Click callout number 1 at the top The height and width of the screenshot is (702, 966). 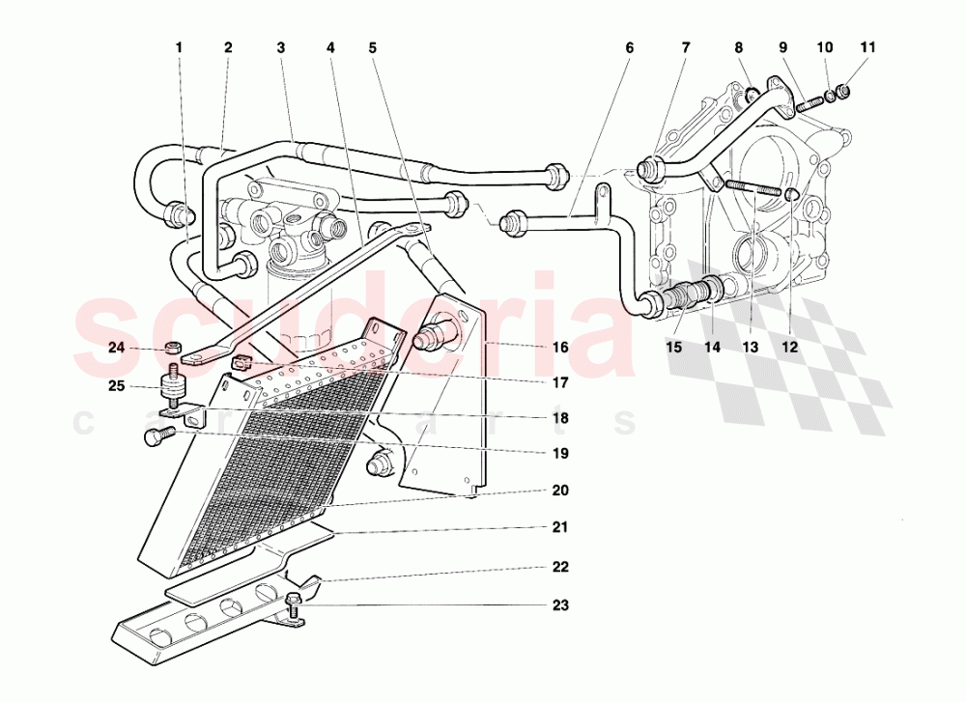[x=179, y=46]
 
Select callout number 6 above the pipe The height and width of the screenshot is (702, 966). [x=630, y=46]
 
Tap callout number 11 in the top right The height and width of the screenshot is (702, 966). [x=867, y=46]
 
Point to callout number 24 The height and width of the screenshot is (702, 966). [x=117, y=348]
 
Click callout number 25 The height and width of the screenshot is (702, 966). [x=117, y=387]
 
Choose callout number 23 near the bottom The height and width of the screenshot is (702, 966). [x=560, y=605]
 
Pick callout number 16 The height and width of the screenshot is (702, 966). [x=560, y=347]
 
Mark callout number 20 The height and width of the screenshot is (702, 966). [x=560, y=490]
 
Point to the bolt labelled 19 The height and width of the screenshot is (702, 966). [x=155, y=436]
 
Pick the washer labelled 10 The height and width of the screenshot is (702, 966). [x=829, y=96]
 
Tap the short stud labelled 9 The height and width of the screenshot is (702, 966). [x=807, y=98]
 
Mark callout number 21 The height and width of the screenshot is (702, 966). [x=560, y=528]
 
